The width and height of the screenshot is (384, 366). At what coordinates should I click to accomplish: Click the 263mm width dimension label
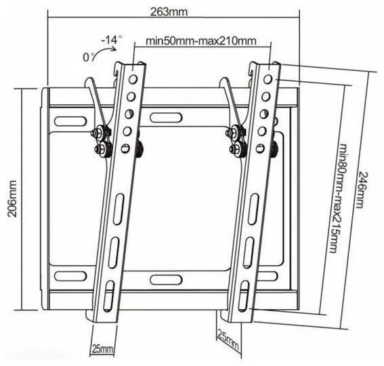point(169,12)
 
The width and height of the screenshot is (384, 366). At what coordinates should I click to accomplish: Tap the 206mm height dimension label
point(12,199)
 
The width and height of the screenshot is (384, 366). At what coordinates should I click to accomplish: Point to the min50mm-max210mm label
point(201,41)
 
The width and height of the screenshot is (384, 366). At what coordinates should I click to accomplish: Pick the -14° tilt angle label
point(112,39)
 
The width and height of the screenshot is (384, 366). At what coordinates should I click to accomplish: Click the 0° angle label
point(88,57)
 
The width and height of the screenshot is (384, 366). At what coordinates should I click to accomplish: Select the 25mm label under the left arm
point(103,348)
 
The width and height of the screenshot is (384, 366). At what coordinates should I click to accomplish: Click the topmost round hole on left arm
point(133,79)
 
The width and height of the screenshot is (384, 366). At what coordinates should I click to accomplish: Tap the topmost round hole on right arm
point(268,79)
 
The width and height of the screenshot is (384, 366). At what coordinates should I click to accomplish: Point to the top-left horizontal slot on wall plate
point(70,121)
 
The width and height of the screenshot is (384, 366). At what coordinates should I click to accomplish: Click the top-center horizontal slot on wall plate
point(166,118)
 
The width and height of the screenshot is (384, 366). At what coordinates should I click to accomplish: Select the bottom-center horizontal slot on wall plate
point(166,279)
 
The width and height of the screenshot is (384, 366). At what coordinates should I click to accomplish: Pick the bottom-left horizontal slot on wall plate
point(70,276)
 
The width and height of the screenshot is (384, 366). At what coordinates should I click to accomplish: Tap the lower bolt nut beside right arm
point(237,148)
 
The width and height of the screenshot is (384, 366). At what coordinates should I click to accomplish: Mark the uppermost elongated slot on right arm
point(253,208)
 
